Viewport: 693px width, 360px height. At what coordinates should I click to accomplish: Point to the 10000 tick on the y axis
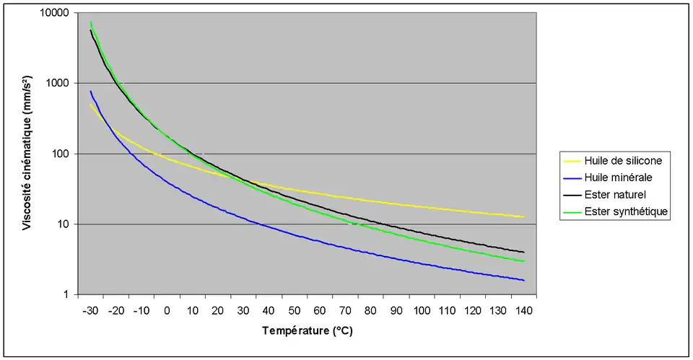click(53, 14)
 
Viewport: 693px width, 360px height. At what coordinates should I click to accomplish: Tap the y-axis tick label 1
click(66, 295)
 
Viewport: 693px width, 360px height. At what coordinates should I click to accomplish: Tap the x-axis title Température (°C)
click(307, 333)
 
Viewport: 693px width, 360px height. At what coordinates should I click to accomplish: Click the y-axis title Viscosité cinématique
click(26, 154)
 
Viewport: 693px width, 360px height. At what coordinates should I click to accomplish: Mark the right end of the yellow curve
click(524, 217)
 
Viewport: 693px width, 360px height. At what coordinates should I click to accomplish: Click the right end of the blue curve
click(524, 281)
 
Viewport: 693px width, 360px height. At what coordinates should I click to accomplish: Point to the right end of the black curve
click(524, 252)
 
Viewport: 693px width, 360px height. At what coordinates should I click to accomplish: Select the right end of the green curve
click(524, 261)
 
